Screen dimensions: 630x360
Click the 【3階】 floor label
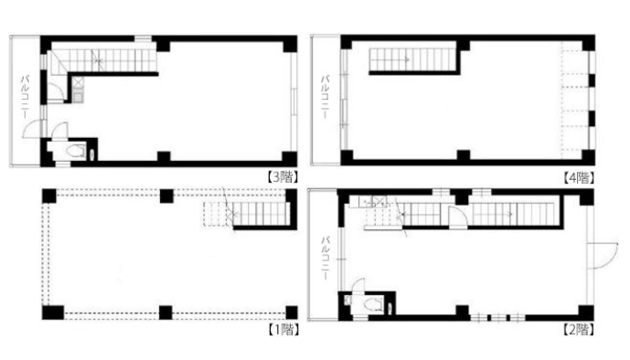283,177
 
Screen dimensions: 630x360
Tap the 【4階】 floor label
579,177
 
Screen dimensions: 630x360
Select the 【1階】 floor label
283,330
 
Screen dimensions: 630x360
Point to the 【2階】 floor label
579,330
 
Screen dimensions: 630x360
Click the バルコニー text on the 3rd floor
25,96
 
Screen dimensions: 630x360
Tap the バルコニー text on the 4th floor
325,96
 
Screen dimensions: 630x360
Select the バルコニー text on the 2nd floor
326,258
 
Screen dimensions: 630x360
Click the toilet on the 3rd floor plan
76,152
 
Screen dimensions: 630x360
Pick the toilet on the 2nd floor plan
373,304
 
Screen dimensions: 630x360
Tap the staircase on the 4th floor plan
411,60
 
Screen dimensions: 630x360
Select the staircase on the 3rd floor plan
103,61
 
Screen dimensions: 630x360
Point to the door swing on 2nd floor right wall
603,255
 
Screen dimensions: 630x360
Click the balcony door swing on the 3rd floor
32,129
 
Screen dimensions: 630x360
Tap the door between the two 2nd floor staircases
457,217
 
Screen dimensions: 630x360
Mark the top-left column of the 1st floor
49,196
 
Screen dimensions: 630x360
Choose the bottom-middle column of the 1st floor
166,312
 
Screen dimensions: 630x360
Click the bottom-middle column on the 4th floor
464,155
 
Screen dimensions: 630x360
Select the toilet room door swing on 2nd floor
358,284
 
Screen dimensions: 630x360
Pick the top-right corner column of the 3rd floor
290,44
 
